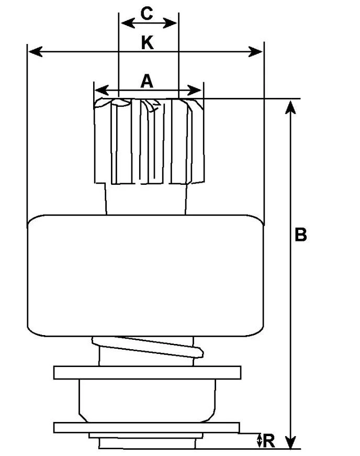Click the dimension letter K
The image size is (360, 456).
click(148, 43)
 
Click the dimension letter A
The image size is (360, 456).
click(147, 81)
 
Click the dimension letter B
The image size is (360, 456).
click(300, 235)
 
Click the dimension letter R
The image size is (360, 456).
click(269, 441)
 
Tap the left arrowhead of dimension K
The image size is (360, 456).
click(36, 52)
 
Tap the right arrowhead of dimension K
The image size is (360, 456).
click(255, 52)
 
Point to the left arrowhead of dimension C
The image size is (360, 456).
click(128, 23)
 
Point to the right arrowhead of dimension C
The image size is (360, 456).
click(170, 23)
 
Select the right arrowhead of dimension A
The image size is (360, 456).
click(195, 90)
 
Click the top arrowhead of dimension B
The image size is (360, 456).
click(290, 107)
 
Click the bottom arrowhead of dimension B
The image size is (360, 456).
click(290, 442)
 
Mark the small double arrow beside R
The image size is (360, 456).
click(260, 441)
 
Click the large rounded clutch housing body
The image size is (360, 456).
click(145, 275)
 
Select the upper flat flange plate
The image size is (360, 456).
click(148, 373)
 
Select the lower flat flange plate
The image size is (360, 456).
click(147, 428)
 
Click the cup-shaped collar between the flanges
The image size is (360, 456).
click(148, 401)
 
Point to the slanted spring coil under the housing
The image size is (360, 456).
click(148, 347)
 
